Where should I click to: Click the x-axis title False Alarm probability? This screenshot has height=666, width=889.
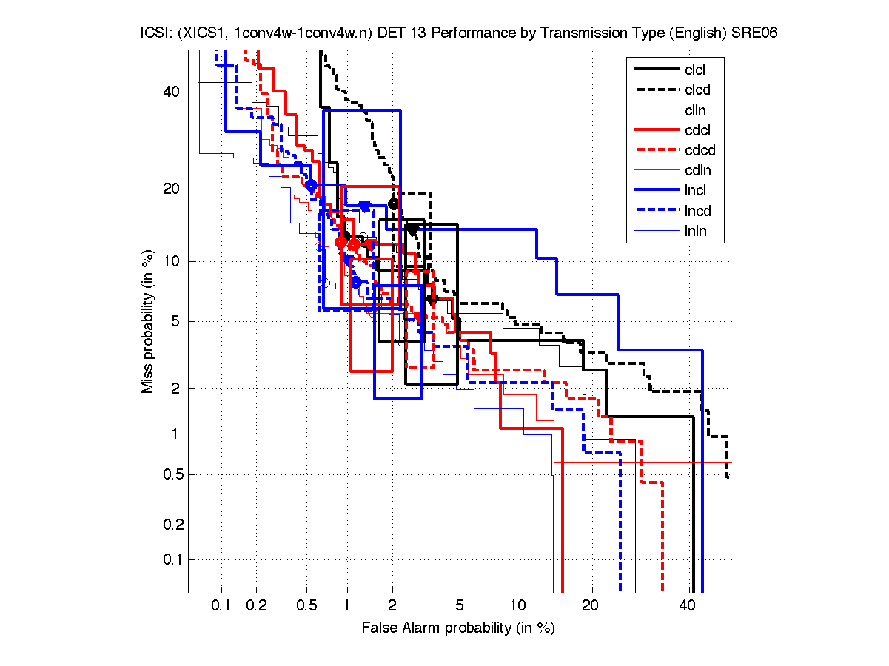click(x=458, y=628)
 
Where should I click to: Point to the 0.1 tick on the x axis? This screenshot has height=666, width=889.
click(x=221, y=606)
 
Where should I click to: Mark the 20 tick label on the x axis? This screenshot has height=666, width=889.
click(x=589, y=606)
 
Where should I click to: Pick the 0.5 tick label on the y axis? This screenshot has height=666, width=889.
click(x=170, y=474)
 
